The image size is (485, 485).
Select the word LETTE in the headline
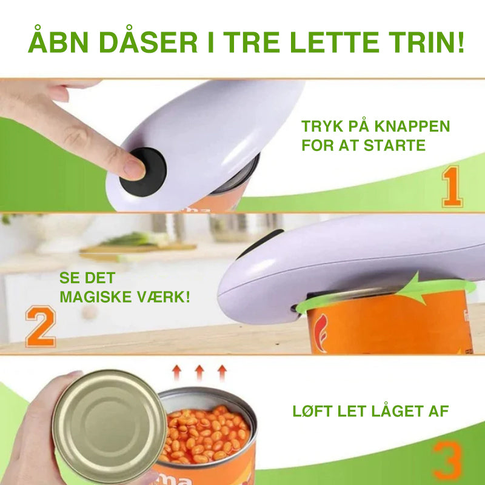[x=335, y=42]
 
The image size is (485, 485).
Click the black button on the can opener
[x=143, y=172]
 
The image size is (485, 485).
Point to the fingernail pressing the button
[x=134, y=169]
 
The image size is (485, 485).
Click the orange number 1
[x=452, y=187]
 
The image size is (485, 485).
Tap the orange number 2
[x=41, y=326]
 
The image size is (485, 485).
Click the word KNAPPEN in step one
[x=412, y=126]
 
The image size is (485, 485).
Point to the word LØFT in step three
[x=313, y=411]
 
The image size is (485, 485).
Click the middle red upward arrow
[x=199, y=373]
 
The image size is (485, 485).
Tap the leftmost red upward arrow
[x=176, y=373]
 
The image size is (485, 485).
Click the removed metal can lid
[x=109, y=427]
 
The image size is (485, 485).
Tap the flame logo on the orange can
[x=322, y=333]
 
